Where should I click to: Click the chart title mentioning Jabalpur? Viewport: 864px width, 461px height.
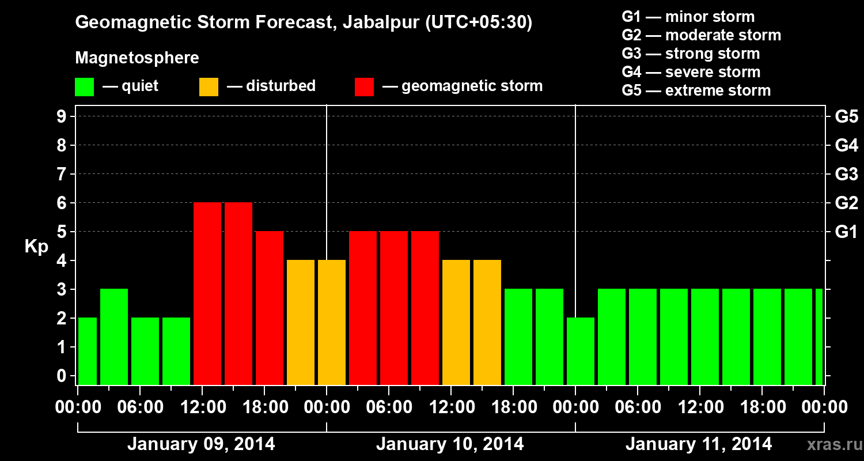click(x=304, y=23)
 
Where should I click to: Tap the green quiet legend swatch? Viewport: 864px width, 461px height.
click(x=84, y=87)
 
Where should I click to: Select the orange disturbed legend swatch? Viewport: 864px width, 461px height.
click(x=209, y=87)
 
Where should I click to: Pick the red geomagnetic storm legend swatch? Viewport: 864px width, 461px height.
click(x=364, y=87)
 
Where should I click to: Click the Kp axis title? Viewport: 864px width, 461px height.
click(x=36, y=246)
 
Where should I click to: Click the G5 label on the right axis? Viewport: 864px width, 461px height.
click(x=846, y=117)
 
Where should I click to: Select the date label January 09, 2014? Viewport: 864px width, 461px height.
click(x=201, y=444)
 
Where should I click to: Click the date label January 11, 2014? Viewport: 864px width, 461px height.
click(x=699, y=444)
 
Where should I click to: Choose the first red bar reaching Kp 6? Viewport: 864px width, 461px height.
click(x=207, y=293)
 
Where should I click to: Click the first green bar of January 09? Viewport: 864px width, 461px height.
click(x=88, y=351)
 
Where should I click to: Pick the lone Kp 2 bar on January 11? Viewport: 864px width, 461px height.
click(x=581, y=351)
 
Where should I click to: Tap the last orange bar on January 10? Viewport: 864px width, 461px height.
click(x=487, y=322)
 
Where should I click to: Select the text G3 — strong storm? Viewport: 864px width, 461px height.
click(x=691, y=54)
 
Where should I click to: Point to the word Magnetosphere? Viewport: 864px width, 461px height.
click(x=137, y=58)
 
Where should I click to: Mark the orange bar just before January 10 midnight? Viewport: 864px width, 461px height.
click(x=301, y=322)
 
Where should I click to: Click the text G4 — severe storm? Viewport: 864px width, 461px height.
click(x=691, y=72)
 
